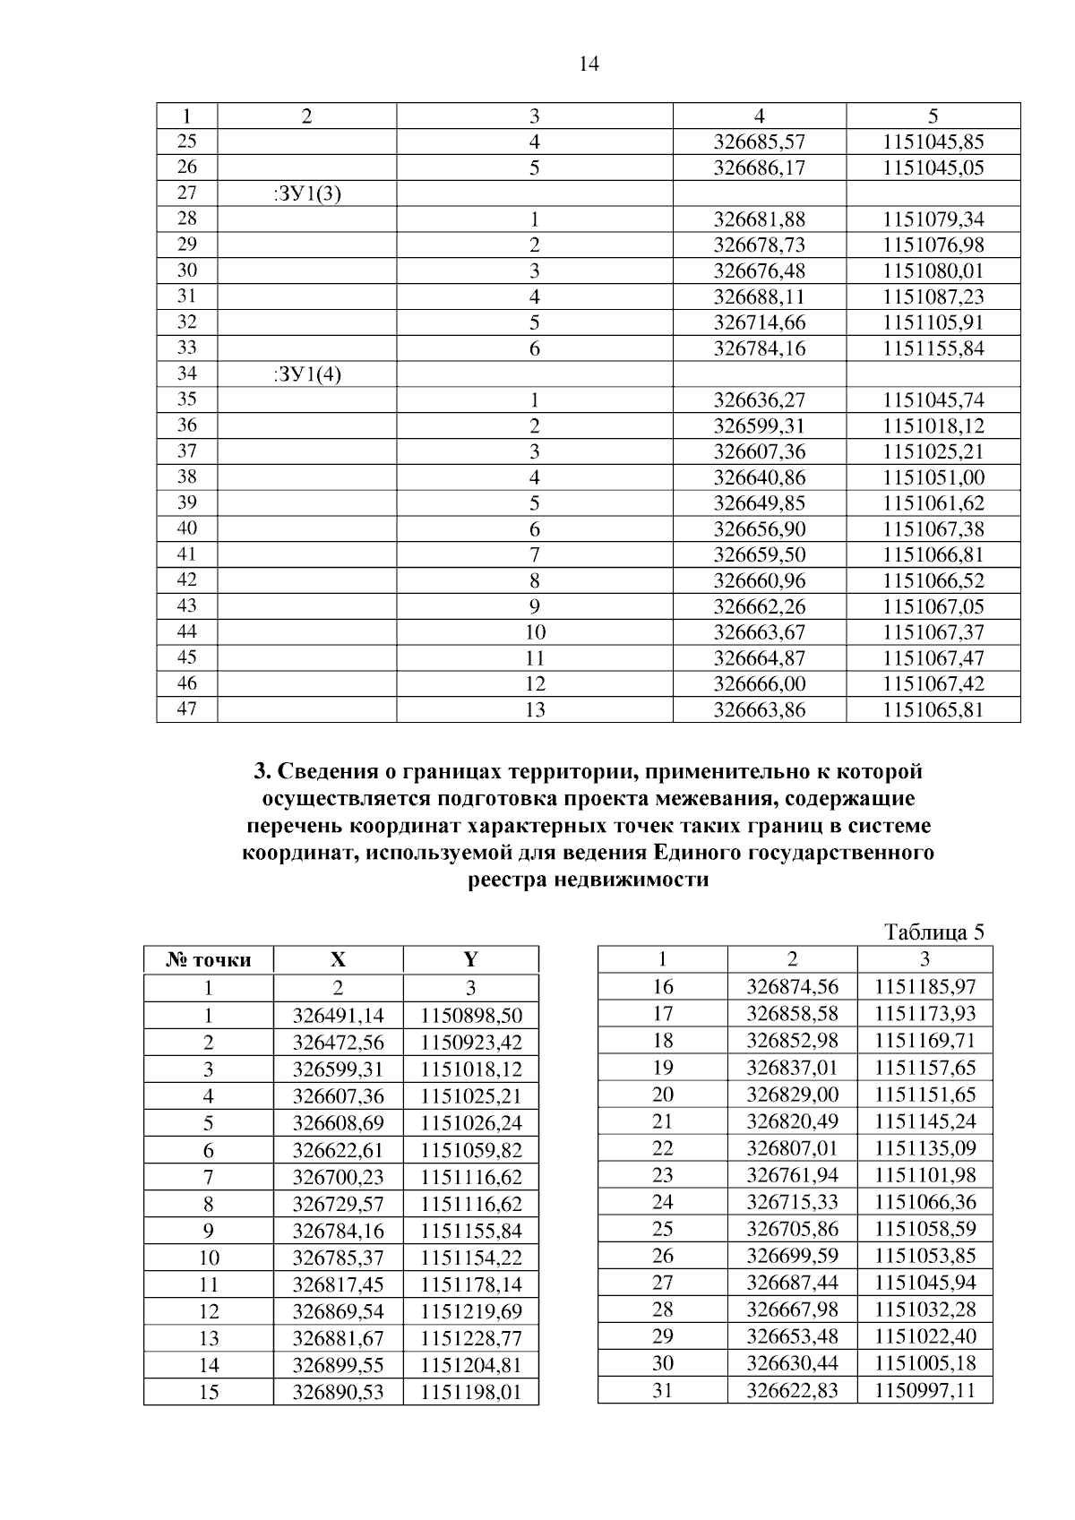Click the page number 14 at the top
[589, 64]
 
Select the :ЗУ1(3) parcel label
[306, 193]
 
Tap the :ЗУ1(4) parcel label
[306, 374]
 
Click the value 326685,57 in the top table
[759, 142]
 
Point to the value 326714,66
[759, 322]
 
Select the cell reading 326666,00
[759, 684]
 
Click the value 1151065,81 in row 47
[933, 710]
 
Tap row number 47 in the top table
[186, 709]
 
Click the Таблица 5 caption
[934, 932]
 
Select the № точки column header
[209, 960]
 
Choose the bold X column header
[338, 960]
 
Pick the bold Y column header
[470, 960]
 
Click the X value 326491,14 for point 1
[338, 1016]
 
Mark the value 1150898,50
[470, 1016]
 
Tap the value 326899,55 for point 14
[338, 1365]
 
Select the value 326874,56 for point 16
[792, 987]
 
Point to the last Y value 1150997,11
[924, 1390]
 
